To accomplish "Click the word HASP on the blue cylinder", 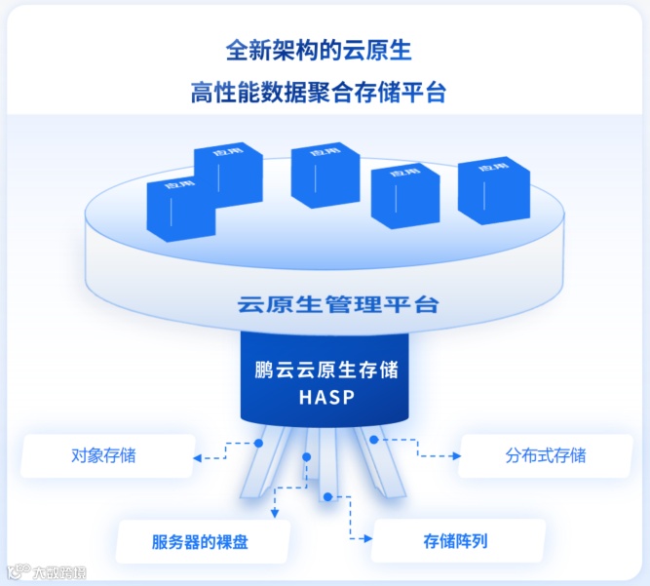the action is [325, 397].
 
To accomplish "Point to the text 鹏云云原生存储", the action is [325, 371].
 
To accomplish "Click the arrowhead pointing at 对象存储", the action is [198, 455].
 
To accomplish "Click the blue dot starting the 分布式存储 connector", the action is [373, 440].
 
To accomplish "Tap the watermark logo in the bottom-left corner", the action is [17, 571].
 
